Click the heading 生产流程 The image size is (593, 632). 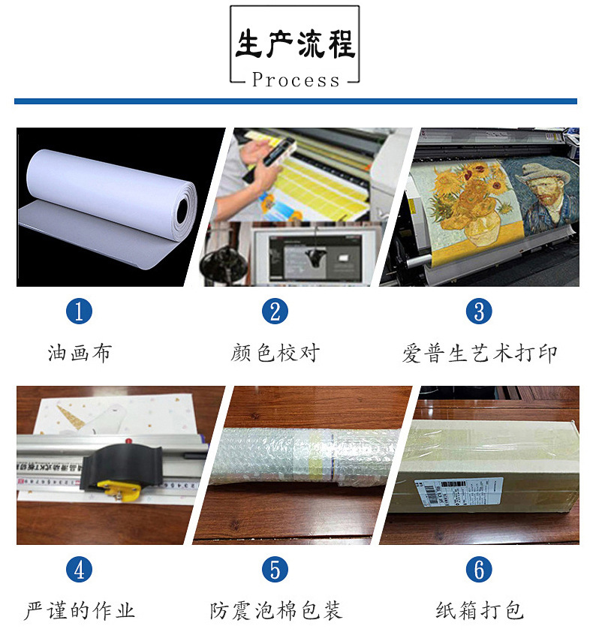(x=294, y=44)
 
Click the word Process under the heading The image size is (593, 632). (x=296, y=80)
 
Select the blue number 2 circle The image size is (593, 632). (x=275, y=311)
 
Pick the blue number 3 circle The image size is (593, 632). (x=479, y=311)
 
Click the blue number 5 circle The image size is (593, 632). (x=275, y=570)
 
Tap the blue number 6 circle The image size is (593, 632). (x=479, y=570)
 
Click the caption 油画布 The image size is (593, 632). (x=79, y=353)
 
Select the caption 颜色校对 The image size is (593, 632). (x=275, y=353)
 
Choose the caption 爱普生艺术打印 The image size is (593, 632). (x=480, y=354)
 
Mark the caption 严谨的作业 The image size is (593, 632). (x=79, y=611)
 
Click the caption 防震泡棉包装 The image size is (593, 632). (x=275, y=611)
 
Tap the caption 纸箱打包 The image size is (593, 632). (x=480, y=611)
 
